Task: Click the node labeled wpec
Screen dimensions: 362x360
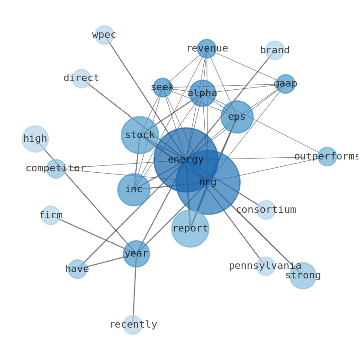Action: (x=104, y=35)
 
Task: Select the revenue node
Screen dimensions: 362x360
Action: (x=207, y=48)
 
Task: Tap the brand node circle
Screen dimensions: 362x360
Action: (x=275, y=50)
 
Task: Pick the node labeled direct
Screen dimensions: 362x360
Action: (x=81, y=78)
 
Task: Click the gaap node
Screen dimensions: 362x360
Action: (x=285, y=84)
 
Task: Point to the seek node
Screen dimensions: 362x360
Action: (x=162, y=87)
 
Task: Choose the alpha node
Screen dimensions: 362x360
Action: (x=202, y=93)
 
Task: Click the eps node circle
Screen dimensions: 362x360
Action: (x=237, y=117)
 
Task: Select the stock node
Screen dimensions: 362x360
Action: (x=140, y=135)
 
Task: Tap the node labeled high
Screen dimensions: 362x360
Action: (x=35, y=139)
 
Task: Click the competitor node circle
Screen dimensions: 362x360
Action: (x=56, y=169)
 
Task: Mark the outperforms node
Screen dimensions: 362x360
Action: (x=327, y=156)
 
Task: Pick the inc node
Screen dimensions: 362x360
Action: (x=134, y=190)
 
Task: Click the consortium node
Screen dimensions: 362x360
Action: (x=266, y=210)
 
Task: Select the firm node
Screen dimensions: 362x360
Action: (x=51, y=215)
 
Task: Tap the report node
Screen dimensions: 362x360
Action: (x=190, y=228)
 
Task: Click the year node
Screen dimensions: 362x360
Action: (x=136, y=254)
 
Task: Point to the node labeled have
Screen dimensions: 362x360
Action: (x=78, y=269)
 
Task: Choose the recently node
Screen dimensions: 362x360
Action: (x=133, y=325)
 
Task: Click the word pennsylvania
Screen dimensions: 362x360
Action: (x=265, y=266)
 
